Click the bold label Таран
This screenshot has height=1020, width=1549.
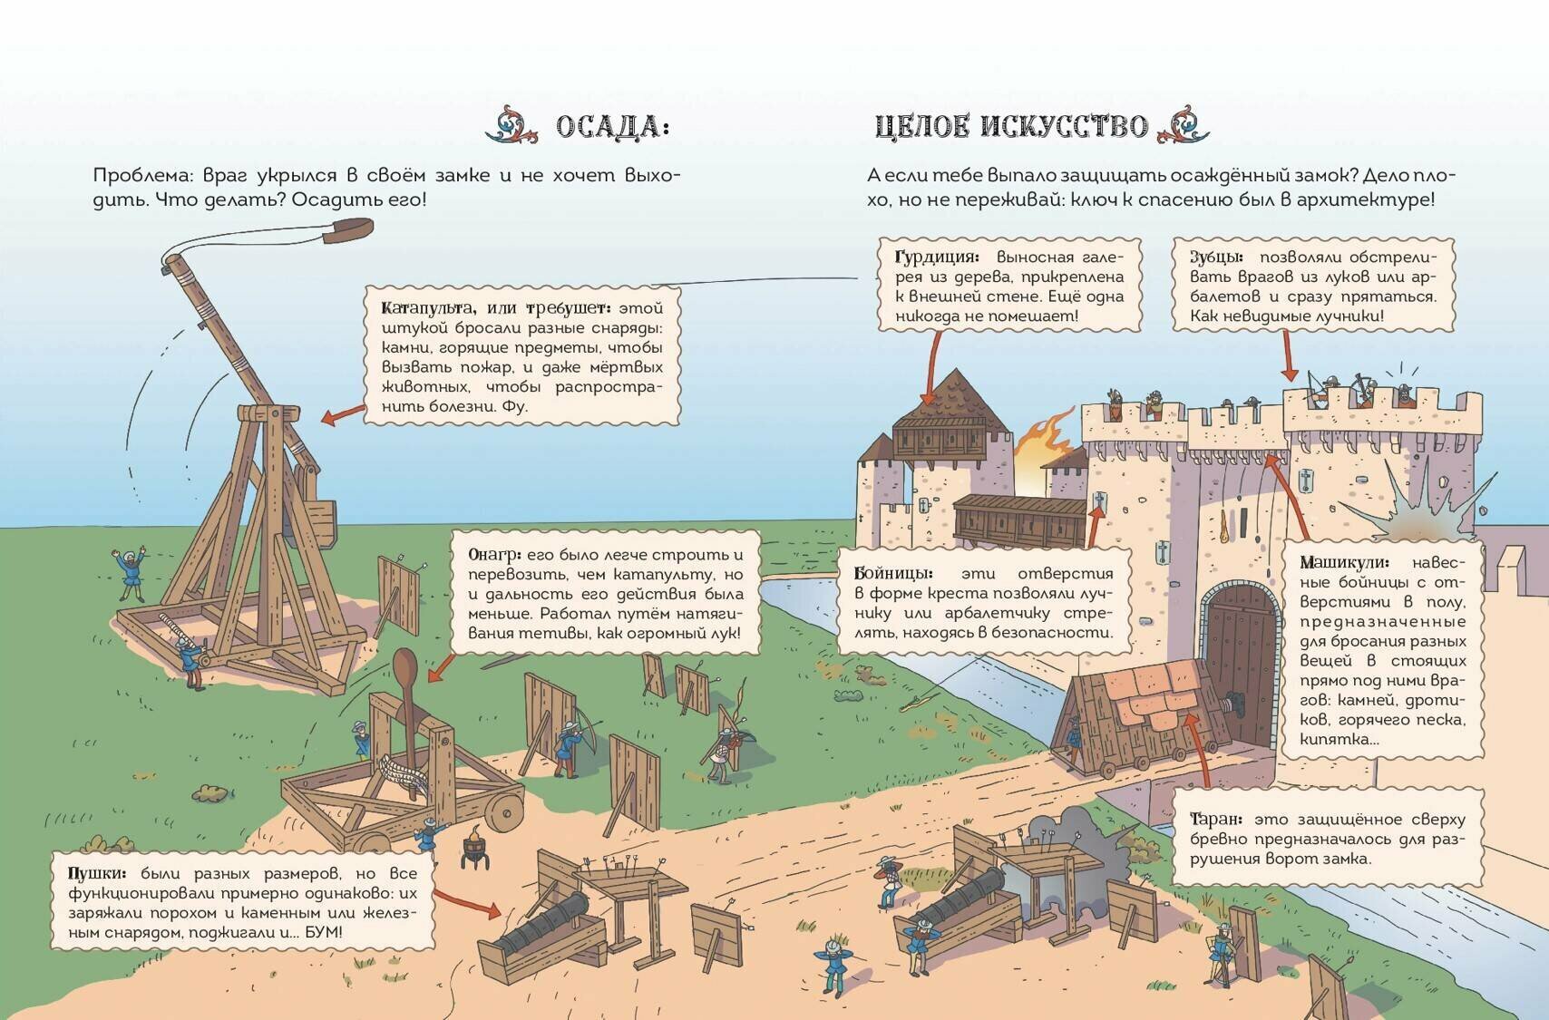(x=1213, y=819)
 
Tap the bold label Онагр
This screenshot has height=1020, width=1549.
(x=494, y=554)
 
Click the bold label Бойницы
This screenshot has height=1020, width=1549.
(x=892, y=573)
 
